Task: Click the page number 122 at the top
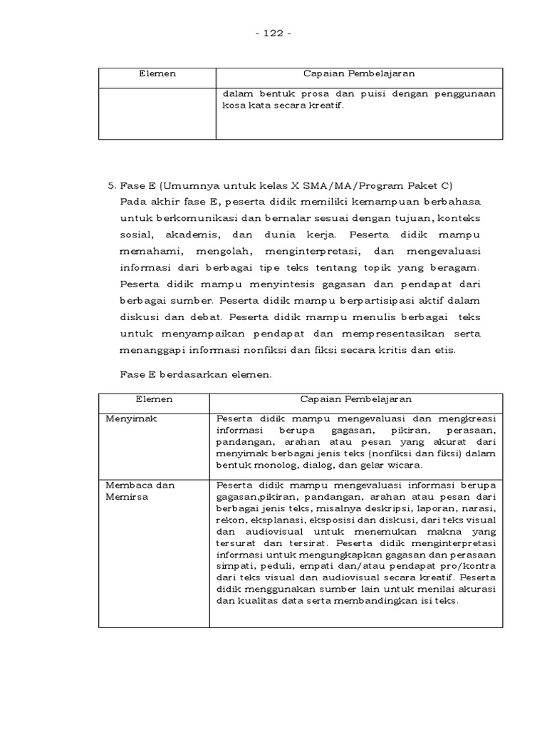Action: (x=273, y=34)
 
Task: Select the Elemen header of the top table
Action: (x=157, y=74)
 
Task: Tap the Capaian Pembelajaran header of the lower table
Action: (x=355, y=399)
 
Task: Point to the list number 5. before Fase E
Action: (x=111, y=186)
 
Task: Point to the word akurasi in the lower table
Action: (x=475, y=588)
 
